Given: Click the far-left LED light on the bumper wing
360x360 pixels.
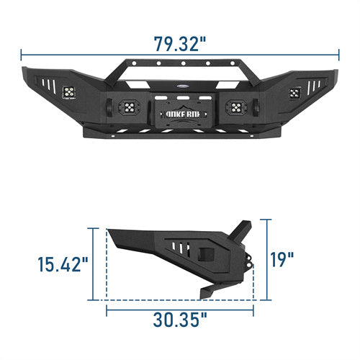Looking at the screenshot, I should coord(71,91).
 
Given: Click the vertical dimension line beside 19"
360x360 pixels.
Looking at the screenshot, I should coord(267,258).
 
